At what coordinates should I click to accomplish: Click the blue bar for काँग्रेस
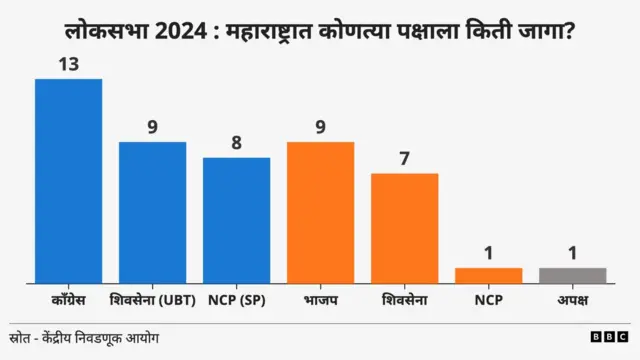[68, 181]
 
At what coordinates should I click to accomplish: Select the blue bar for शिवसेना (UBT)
[152, 212]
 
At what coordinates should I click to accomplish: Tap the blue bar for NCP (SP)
[236, 220]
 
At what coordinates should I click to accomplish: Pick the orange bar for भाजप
[320, 212]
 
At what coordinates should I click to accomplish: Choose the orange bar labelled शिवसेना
[404, 228]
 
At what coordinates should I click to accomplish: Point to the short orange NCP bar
[488, 275]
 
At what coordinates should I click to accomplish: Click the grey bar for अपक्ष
[572, 275]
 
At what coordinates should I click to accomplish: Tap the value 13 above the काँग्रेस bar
[68, 64]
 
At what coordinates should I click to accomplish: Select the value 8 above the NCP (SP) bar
[236, 143]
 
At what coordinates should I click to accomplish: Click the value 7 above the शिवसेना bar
[404, 159]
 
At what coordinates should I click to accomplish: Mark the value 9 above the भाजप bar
[320, 127]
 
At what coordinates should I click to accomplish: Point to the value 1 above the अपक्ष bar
[572, 253]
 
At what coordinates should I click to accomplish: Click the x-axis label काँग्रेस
[68, 299]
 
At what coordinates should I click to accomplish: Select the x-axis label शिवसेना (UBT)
[152, 299]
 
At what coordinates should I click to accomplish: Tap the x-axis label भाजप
[320, 299]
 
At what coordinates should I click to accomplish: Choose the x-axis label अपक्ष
[572, 299]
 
